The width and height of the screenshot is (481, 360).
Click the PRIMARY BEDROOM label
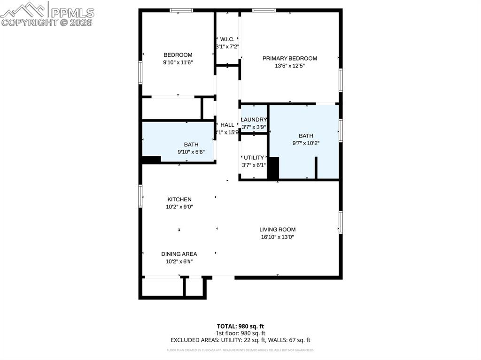pyautogui.click(x=289, y=59)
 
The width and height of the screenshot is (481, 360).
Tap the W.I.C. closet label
pyautogui.click(x=227, y=39)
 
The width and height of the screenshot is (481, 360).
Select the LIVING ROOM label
pyautogui.click(x=277, y=230)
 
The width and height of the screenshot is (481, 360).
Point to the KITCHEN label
pyautogui.click(x=179, y=199)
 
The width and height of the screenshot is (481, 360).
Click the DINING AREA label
pyautogui.click(x=179, y=254)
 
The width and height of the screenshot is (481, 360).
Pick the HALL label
pyautogui.click(x=227, y=125)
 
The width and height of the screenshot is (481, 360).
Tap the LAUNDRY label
pyautogui.click(x=254, y=120)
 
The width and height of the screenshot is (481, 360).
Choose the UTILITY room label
pyautogui.click(x=254, y=158)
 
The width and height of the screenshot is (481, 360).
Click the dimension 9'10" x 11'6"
pyautogui.click(x=178, y=62)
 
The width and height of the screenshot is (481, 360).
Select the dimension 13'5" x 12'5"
pyautogui.click(x=289, y=66)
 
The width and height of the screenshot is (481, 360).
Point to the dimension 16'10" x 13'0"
pyautogui.click(x=277, y=237)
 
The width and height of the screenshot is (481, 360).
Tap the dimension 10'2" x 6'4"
pyautogui.click(x=179, y=261)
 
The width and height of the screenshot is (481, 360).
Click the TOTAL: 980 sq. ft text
pyautogui.click(x=240, y=326)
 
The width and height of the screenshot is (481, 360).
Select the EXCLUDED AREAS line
pyautogui.click(x=240, y=340)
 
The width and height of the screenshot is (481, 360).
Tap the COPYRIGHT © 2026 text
pyautogui.click(x=47, y=22)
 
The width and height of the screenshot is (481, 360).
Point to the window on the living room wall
pyautogui.click(x=341, y=222)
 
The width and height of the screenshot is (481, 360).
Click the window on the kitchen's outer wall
pyautogui.click(x=140, y=196)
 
